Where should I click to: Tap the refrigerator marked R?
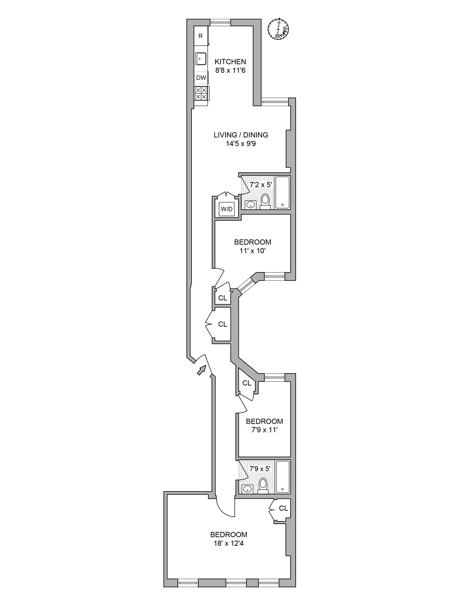click(x=201, y=36)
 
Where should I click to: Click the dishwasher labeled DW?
click(x=201, y=78)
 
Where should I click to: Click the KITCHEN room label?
click(x=230, y=62)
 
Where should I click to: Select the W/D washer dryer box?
click(x=227, y=209)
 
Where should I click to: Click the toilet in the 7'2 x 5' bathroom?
click(x=265, y=201)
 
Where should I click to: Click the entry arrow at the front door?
click(x=201, y=370)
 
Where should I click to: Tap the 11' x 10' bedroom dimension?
click(x=252, y=250)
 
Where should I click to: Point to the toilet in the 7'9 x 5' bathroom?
click(x=263, y=485)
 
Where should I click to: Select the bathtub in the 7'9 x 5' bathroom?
click(x=283, y=476)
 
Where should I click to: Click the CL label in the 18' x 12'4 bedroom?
click(x=283, y=508)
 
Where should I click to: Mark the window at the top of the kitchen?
click(x=220, y=22)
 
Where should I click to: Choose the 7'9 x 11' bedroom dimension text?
click(x=264, y=430)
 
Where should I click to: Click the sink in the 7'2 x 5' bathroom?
click(x=250, y=205)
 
